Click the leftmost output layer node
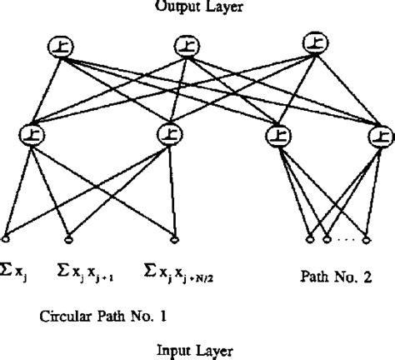tap(59, 48)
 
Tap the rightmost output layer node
tap(316, 43)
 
